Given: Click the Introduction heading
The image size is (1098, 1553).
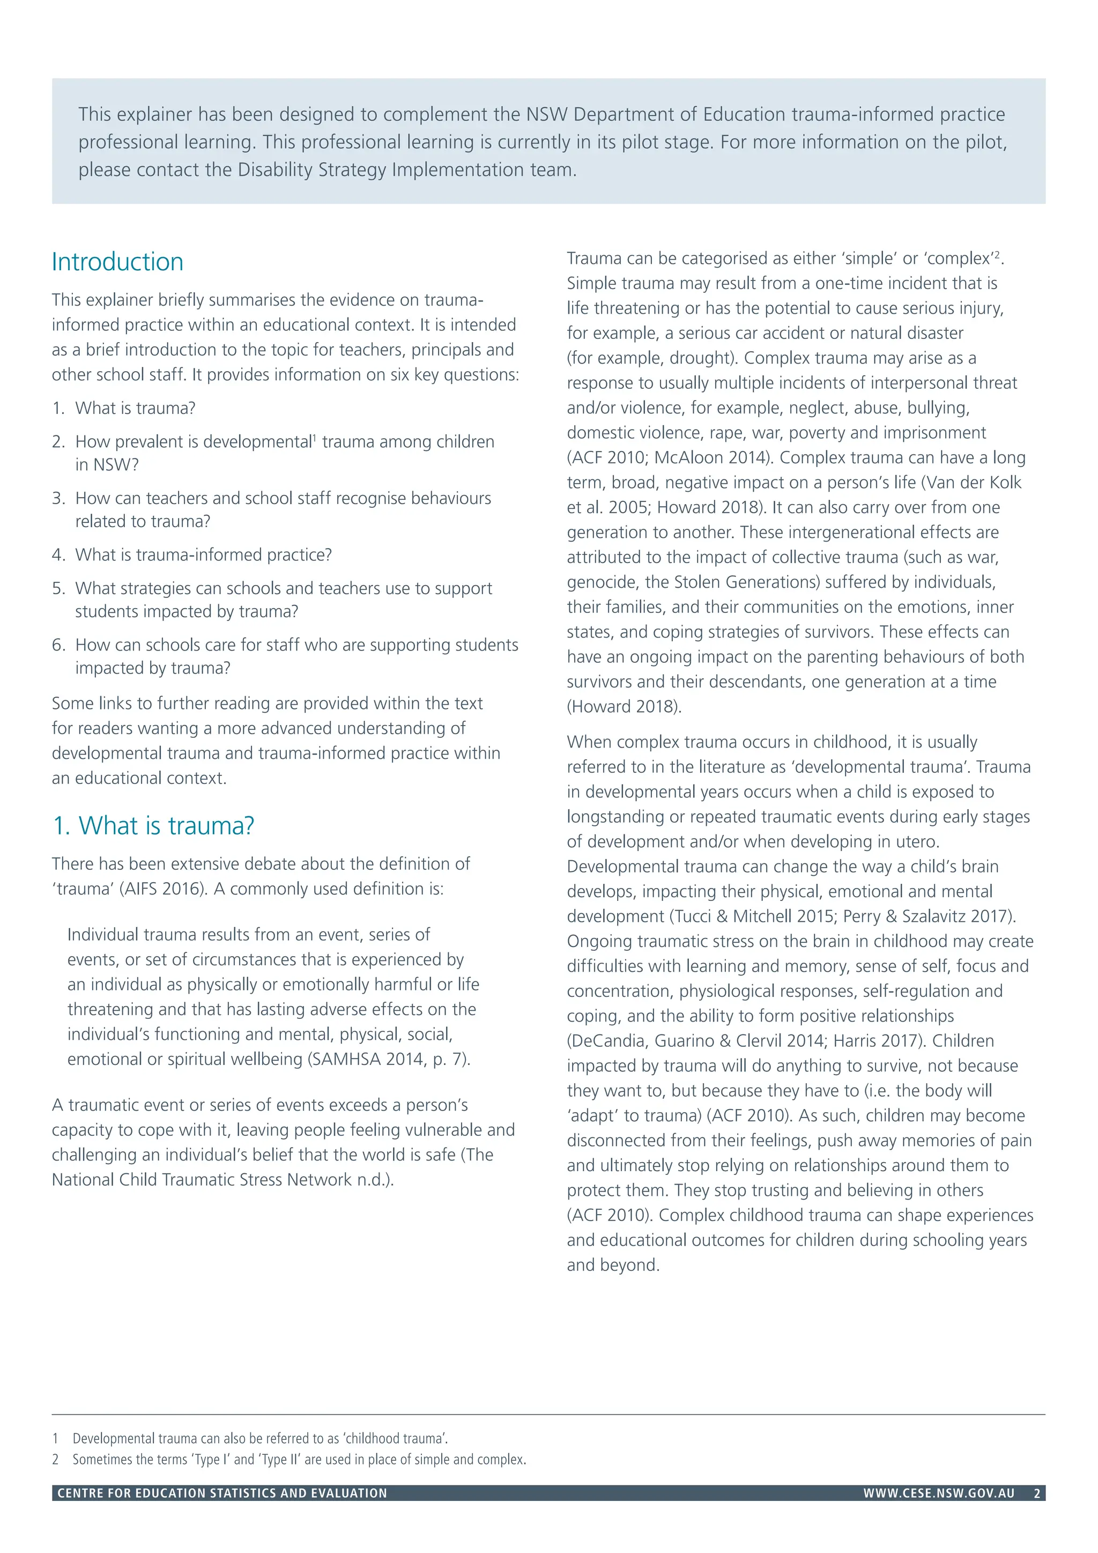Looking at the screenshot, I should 117,262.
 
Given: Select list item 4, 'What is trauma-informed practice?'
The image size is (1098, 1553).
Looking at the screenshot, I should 203,554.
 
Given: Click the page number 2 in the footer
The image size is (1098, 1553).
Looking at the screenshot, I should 1036,1493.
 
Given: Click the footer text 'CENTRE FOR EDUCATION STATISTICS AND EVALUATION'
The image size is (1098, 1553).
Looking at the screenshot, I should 222,1493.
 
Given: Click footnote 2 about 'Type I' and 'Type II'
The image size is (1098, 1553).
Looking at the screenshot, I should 298,1460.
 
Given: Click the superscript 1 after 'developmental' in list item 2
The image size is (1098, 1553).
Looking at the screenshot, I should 314,438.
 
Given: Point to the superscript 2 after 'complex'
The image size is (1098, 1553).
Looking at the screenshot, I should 997,254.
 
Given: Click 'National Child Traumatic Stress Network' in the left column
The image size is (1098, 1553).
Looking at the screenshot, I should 202,1180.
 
